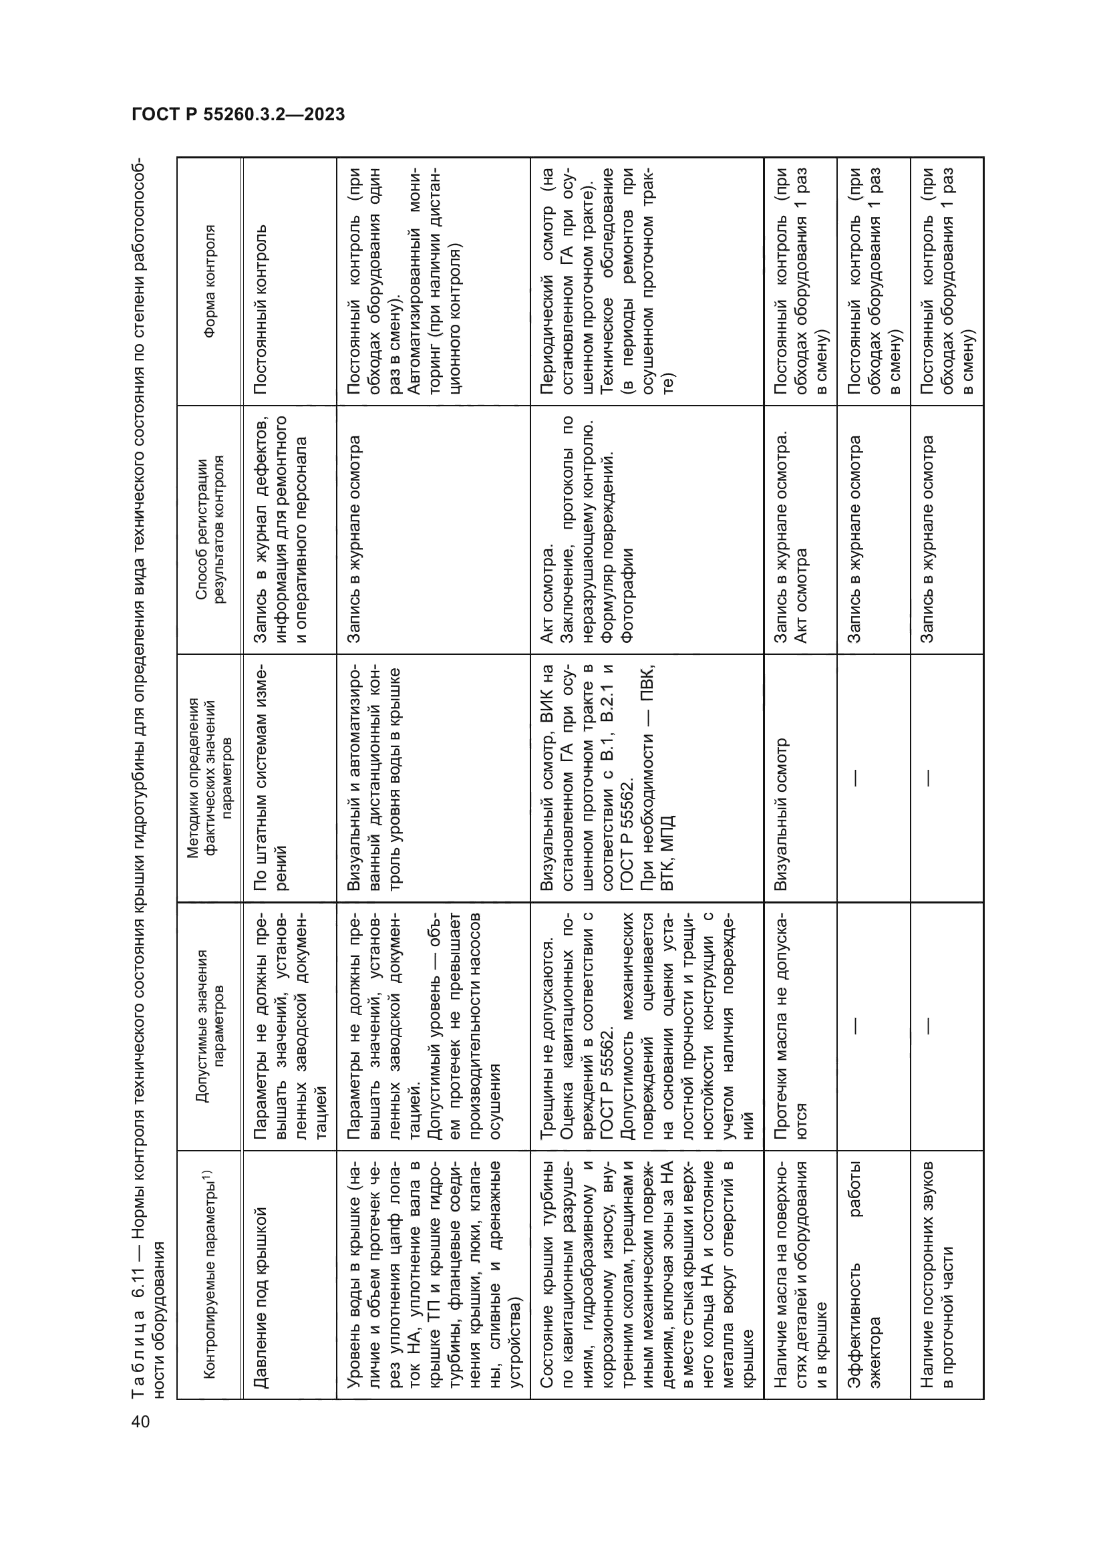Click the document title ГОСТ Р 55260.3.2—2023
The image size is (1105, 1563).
coord(238,114)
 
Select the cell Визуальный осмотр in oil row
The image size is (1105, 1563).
coord(781,814)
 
